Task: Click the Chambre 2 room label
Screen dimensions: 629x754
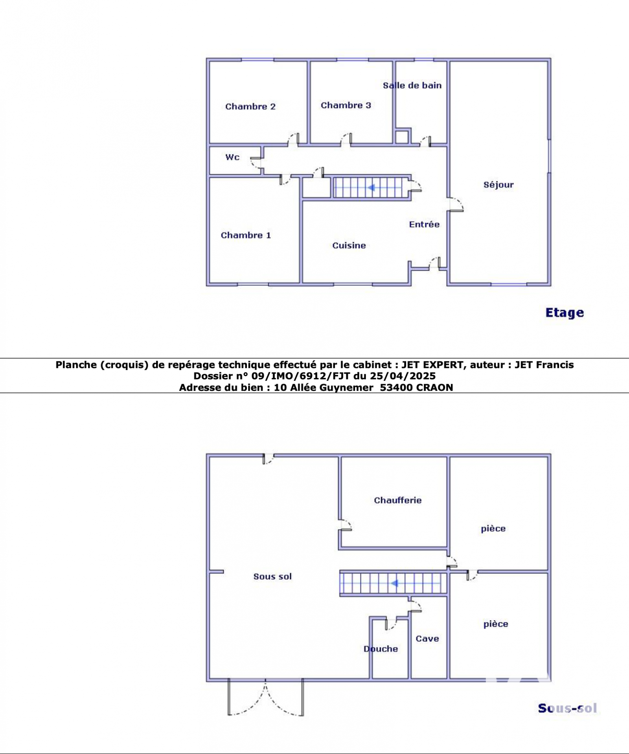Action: [x=250, y=106]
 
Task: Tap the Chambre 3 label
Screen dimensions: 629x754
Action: [x=346, y=105]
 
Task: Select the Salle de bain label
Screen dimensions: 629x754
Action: [x=412, y=85]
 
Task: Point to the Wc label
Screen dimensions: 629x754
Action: [x=232, y=157]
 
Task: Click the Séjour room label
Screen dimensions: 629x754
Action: [x=498, y=185]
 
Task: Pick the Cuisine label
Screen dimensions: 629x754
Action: [x=349, y=245]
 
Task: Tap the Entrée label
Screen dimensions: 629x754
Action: [x=424, y=224]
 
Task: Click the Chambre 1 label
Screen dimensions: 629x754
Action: [x=246, y=235]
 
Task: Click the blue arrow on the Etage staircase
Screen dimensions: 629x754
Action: [x=371, y=188]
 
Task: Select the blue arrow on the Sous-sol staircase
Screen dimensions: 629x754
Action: [x=394, y=584]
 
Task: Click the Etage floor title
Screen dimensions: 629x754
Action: [x=565, y=313]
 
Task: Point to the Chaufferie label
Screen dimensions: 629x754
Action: [x=398, y=500]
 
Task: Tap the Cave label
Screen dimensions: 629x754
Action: [x=427, y=639]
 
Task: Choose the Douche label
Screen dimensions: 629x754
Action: [x=381, y=649]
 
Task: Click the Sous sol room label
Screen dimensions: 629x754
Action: [x=272, y=576]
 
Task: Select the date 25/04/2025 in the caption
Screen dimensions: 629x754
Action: [x=403, y=376]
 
